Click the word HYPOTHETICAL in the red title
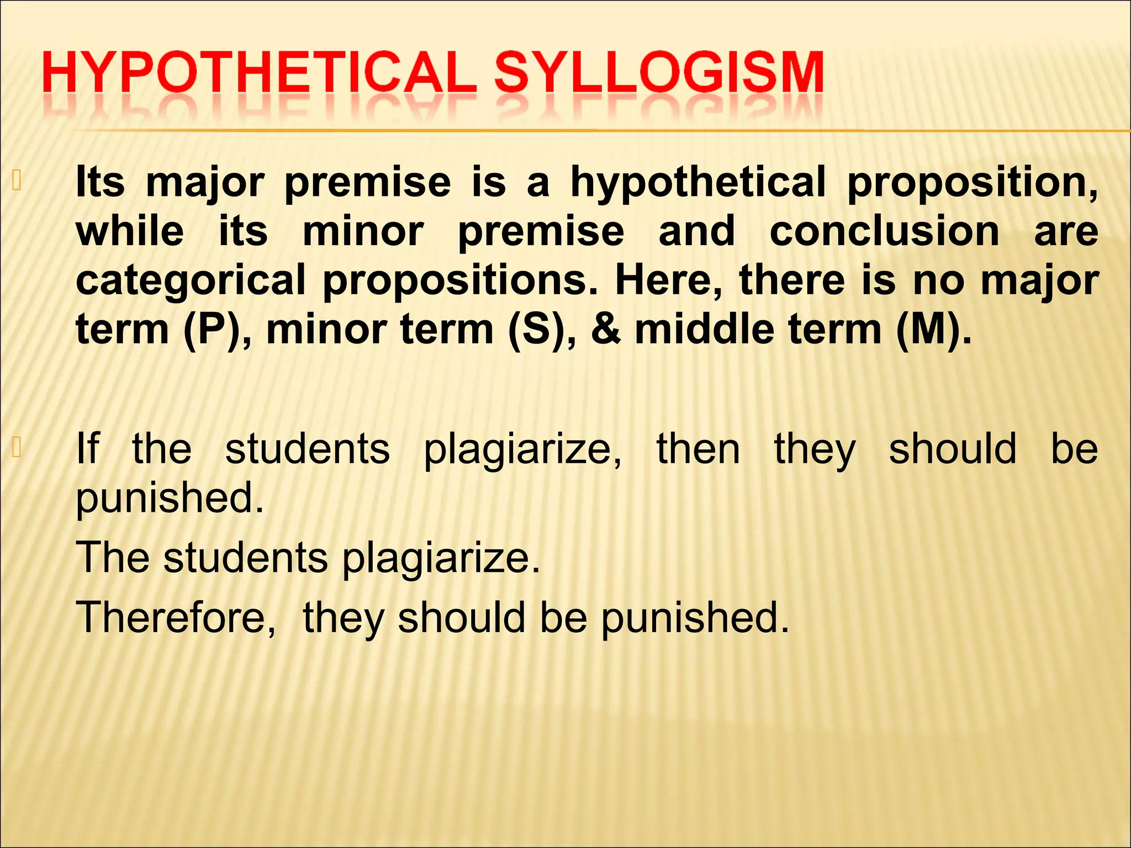(258, 73)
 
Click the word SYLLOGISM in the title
(659, 73)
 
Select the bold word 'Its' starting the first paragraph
(100, 182)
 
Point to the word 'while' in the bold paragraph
(130, 231)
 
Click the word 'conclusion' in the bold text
(884, 231)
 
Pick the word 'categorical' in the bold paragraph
(191, 281)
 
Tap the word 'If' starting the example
(88, 448)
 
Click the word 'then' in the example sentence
(698, 448)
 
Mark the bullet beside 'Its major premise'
(17, 181)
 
